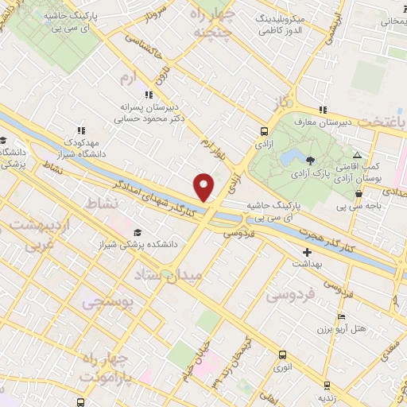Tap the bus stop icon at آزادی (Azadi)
coord(264,132)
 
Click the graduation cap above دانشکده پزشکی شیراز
coord(138,232)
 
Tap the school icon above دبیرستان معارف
coord(321,110)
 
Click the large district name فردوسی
coord(289,295)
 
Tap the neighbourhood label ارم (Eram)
coord(127,78)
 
